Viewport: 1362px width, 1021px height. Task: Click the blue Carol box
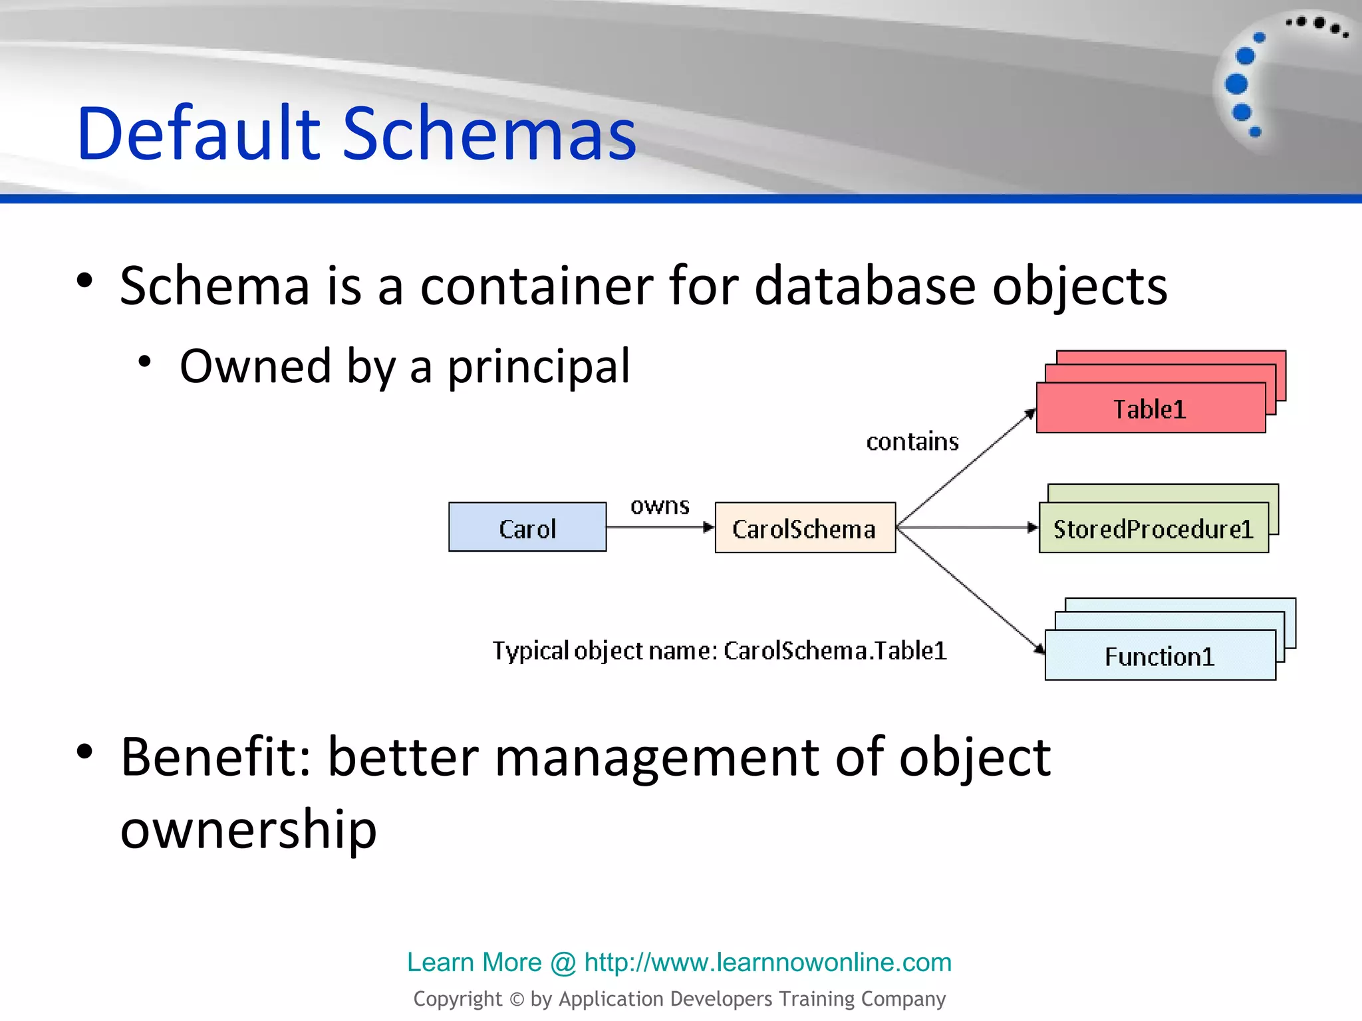coord(527,527)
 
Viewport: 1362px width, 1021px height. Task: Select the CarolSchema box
coord(805,528)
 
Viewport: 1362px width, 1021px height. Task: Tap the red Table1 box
coord(1151,408)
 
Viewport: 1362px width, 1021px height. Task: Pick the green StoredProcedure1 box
coord(1153,528)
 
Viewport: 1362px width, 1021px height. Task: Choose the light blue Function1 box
coord(1160,655)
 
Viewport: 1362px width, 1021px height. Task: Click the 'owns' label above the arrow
coord(660,506)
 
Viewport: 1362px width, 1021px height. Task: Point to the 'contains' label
coord(912,441)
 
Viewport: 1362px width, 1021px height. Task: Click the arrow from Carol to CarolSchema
coord(658,528)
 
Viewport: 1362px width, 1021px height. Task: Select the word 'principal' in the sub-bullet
coord(538,366)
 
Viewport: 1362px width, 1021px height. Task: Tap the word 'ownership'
coord(248,830)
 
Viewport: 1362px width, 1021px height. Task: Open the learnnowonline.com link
coord(767,962)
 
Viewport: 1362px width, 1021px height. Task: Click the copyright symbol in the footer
coord(516,999)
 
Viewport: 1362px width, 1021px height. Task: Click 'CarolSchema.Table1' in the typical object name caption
coord(835,651)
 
